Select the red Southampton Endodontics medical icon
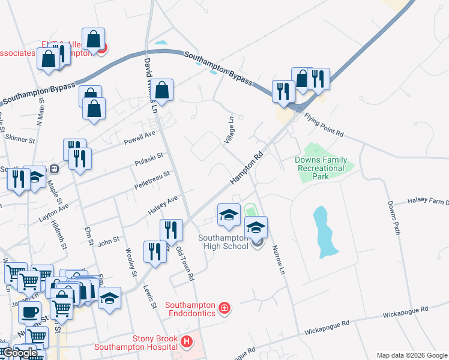point(224,308)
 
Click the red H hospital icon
point(187,342)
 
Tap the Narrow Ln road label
point(277,260)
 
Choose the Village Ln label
point(230,129)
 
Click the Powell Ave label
point(139,138)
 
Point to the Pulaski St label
point(149,158)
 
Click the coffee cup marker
point(29,311)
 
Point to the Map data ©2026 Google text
point(412,355)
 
